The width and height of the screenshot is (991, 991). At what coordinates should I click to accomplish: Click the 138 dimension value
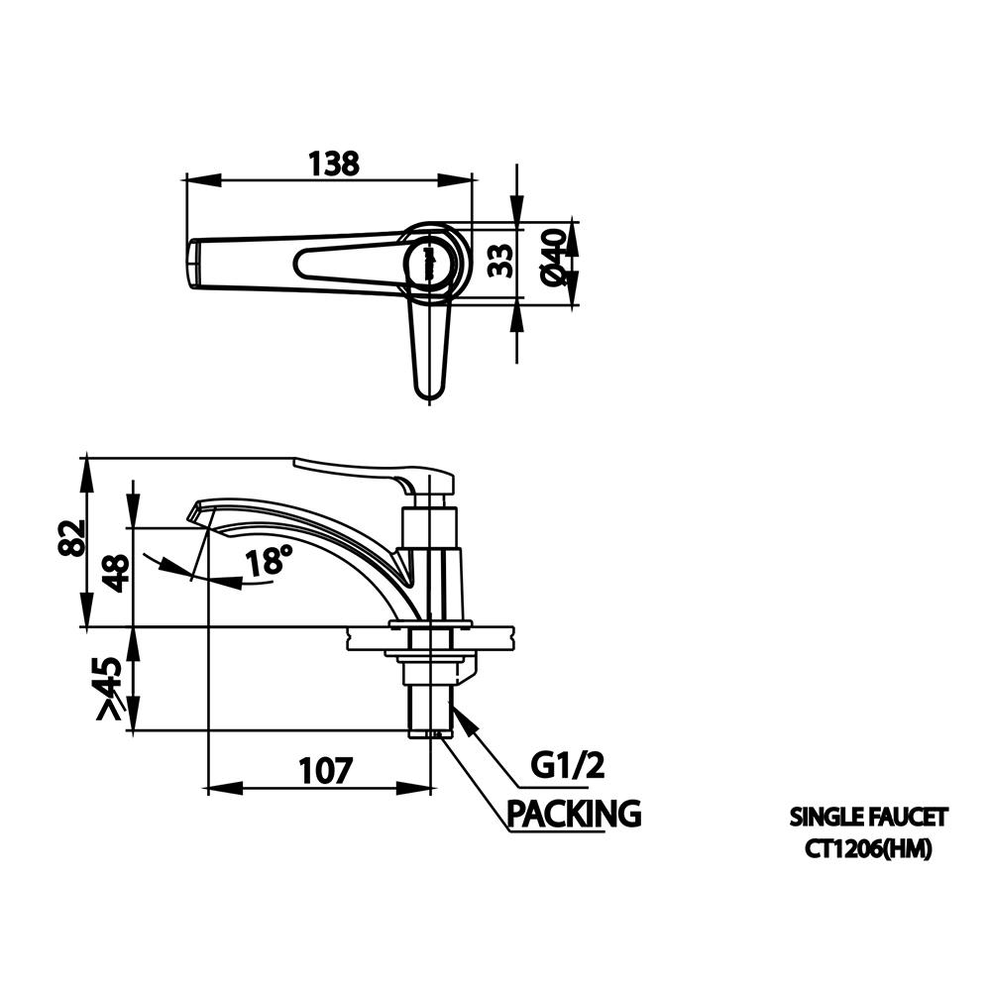pyautogui.click(x=334, y=164)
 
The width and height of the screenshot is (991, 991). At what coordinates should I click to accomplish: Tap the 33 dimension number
pyautogui.click(x=501, y=261)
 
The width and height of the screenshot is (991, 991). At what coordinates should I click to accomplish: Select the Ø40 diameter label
pyautogui.click(x=554, y=258)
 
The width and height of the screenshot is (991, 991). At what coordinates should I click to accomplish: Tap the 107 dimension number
pyautogui.click(x=325, y=770)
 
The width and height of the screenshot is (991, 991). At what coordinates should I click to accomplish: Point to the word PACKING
pyautogui.click(x=575, y=814)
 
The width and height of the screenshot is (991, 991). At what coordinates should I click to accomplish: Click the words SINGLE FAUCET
pyautogui.click(x=868, y=818)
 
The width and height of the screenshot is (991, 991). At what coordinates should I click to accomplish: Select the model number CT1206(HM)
pyautogui.click(x=868, y=849)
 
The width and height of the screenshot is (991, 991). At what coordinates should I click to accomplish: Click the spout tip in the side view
pyautogui.click(x=194, y=512)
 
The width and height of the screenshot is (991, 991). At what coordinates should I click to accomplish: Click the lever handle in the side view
pyautogui.click(x=375, y=478)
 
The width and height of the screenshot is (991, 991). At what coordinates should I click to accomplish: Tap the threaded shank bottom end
pyautogui.click(x=430, y=733)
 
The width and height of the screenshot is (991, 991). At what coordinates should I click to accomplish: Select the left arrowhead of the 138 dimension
pyautogui.click(x=202, y=179)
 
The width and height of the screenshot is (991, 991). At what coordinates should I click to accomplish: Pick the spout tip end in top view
pyautogui.click(x=194, y=264)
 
